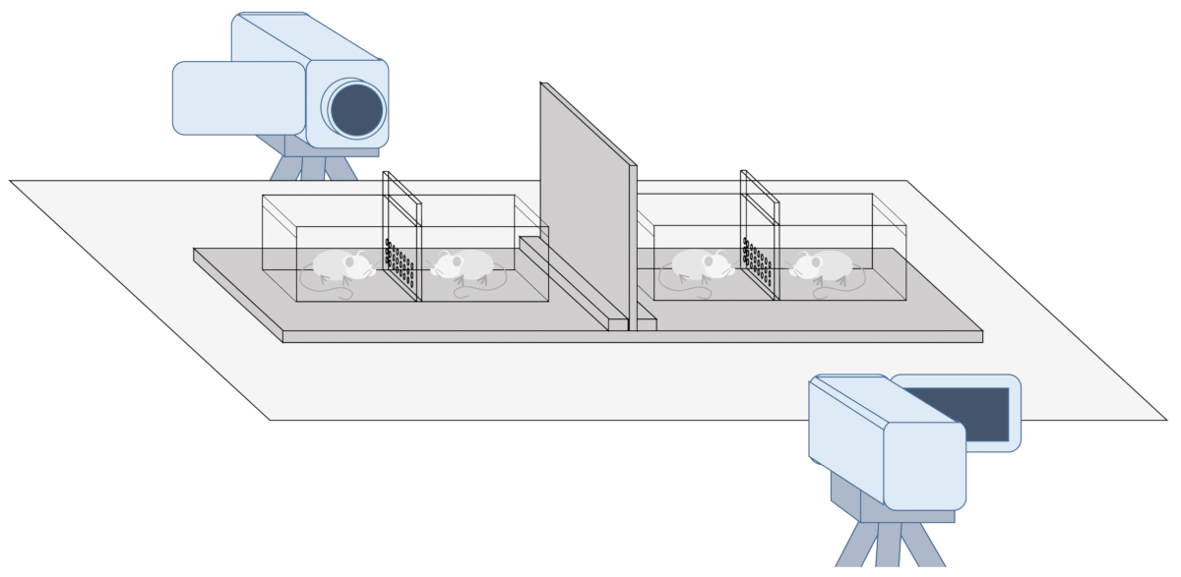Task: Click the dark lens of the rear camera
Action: pyautogui.click(x=356, y=109)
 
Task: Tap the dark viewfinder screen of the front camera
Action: pyautogui.click(x=955, y=413)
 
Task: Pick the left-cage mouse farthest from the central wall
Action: pyautogui.click(x=342, y=265)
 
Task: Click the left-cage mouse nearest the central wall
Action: pyautogui.click(x=464, y=264)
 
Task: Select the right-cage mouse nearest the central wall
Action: pyautogui.click(x=701, y=264)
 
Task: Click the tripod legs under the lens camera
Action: pyautogui.click(x=313, y=169)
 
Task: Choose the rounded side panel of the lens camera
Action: pyautogui.click(x=239, y=97)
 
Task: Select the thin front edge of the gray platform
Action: pyautogui.click(x=630, y=336)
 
